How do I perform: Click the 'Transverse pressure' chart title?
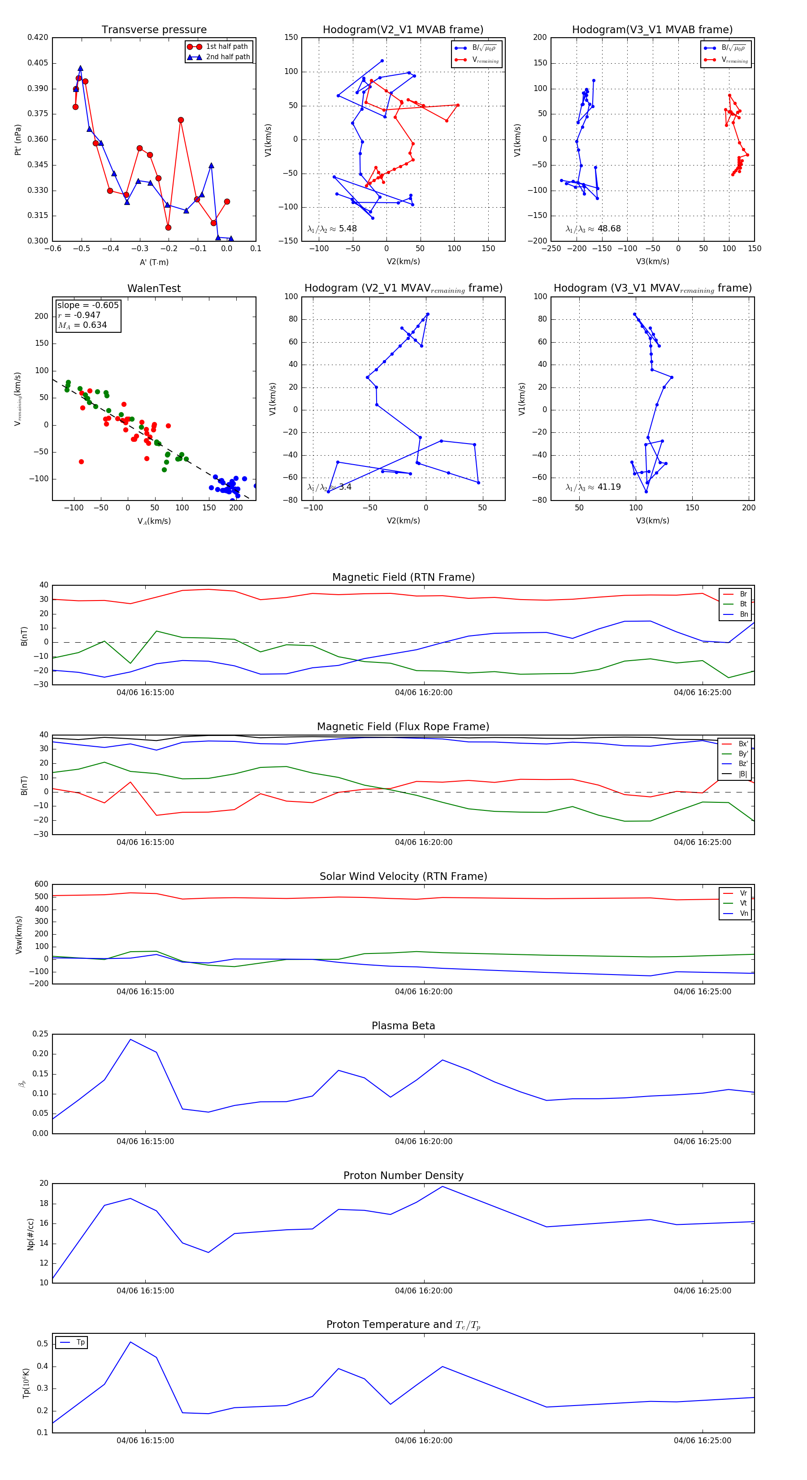tap(154, 30)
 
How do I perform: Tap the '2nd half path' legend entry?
tap(227, 57)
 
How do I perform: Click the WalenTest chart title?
tap(154, 288)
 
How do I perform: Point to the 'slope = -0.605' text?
tap(88, 305)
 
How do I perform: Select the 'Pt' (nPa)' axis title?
tap(18, 139)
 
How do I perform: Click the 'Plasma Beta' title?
tap(403, 1026)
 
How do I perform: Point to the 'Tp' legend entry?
tap(80, 1343)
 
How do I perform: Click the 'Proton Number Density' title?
tap(403, 1175)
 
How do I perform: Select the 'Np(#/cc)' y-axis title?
tap(30, 1235)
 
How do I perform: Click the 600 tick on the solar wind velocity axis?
tap(41, 884)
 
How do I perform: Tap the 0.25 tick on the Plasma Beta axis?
tap(40, 1034)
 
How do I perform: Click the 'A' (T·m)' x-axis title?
tap(154, 262)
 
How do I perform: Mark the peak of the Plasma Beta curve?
tap(130, 1039)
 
